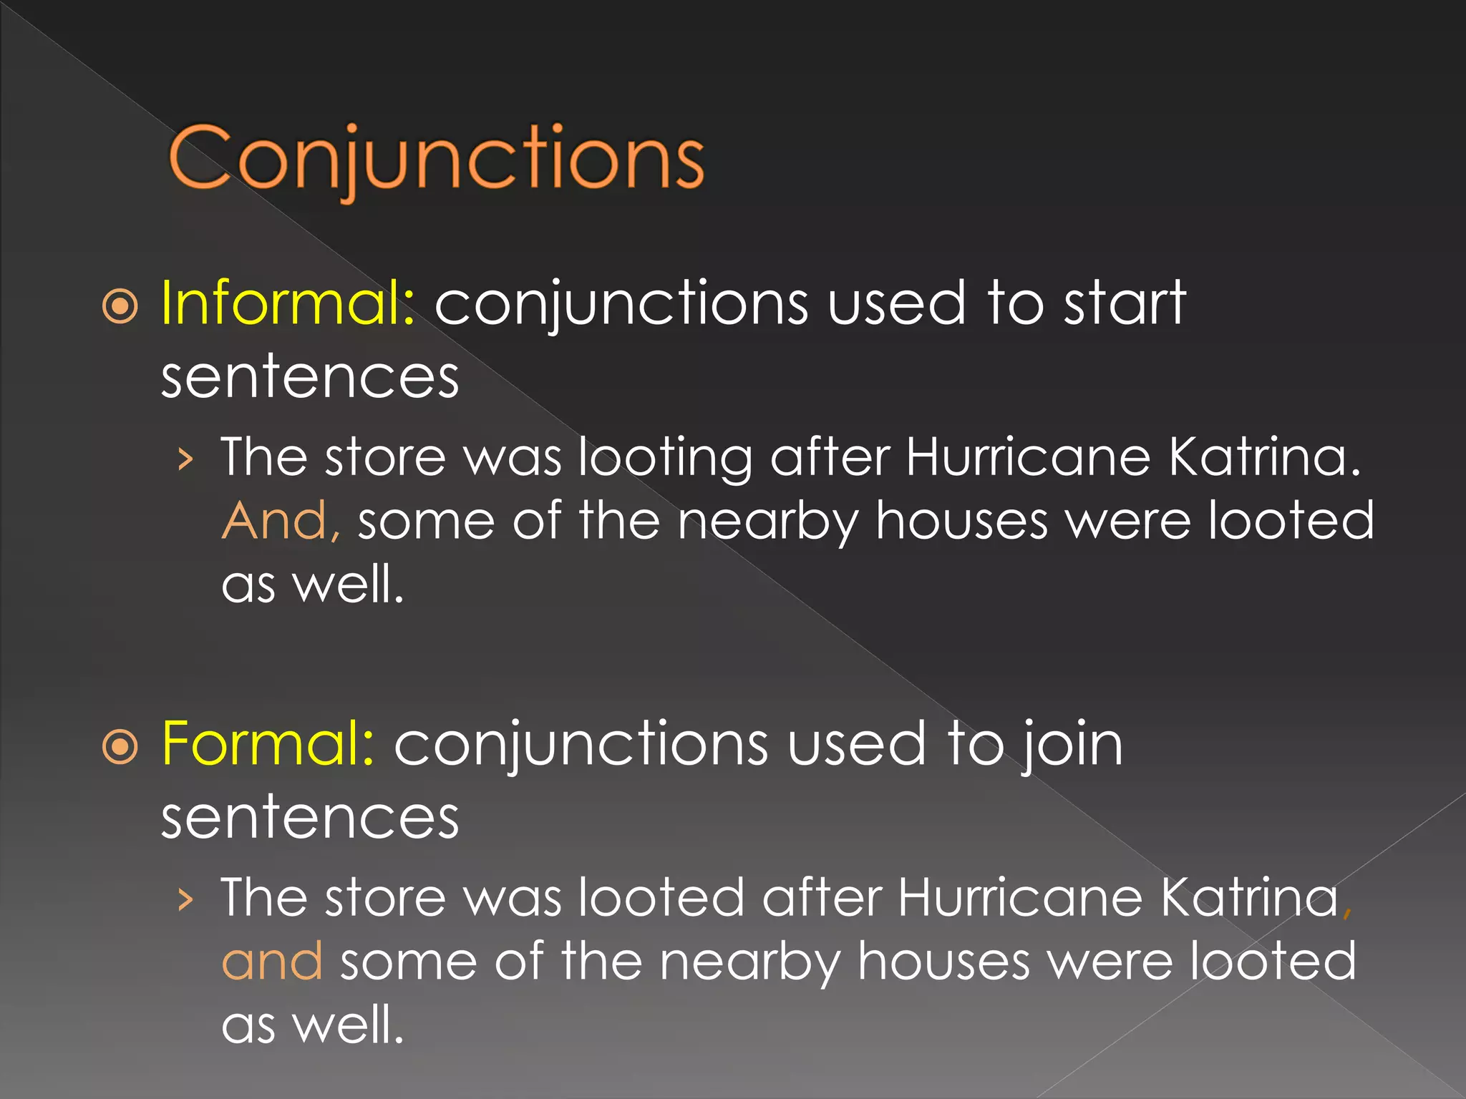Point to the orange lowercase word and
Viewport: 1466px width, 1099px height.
pyautogui.click(x=272, y=962)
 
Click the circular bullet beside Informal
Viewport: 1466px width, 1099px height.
pyautogui.click(x=120, y=308)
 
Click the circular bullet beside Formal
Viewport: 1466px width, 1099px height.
pyautogui.click(x=120, y=748)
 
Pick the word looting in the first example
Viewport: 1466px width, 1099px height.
pyautogui.click(x=665, y=458)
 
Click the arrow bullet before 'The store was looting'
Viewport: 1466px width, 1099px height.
pyautogui.click(x=186, y=459)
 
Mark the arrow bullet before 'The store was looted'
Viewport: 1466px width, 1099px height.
pyautogui.click(x=186, y=900)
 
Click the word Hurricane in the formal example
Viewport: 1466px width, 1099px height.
pyautogui.click(x=1019, y=897)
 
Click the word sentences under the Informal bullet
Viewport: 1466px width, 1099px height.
pyautogui.click(x=310, y=378)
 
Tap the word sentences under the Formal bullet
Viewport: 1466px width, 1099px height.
pyautogui.click(x=310, y=819)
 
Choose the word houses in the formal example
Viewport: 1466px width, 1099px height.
pyautogui.click(x=943, y=962)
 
